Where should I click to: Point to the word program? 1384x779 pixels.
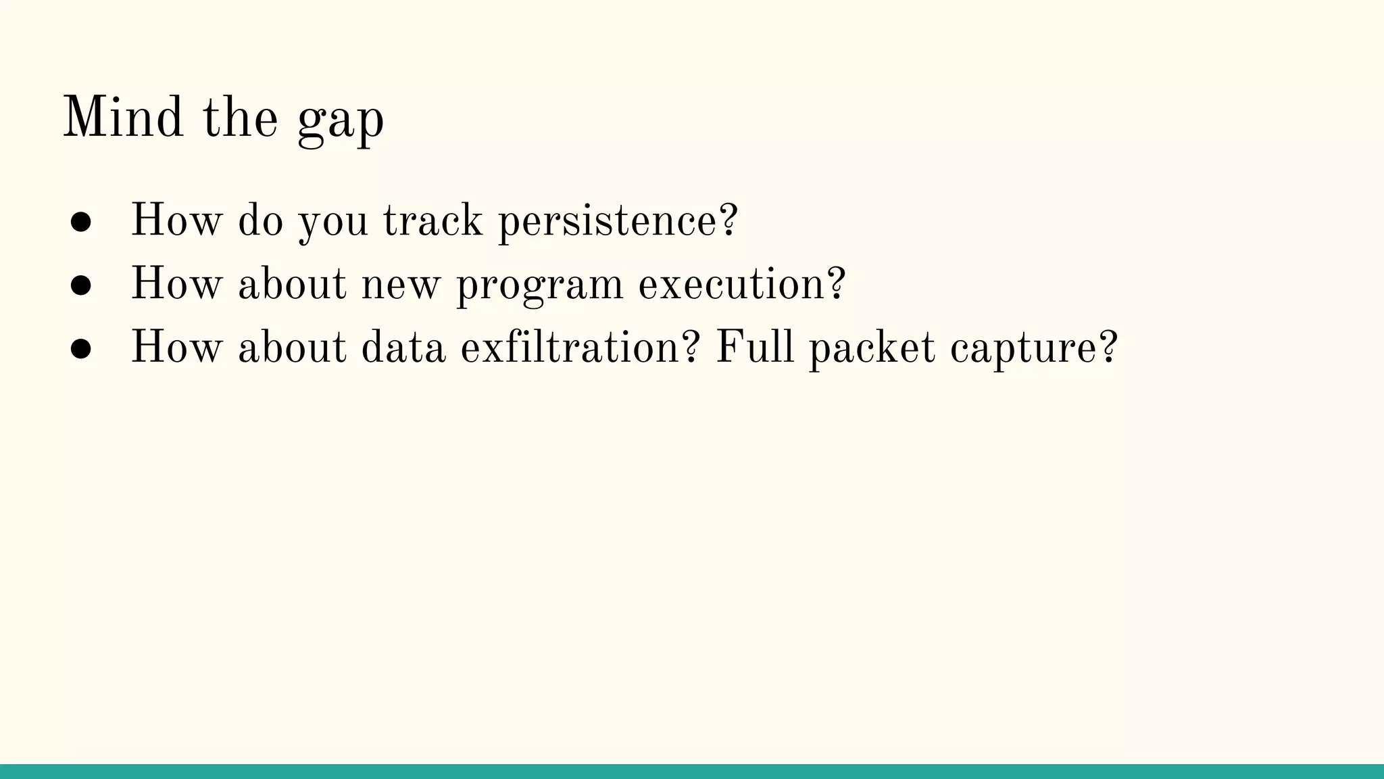coord(540,285)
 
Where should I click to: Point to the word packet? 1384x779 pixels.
coord(872,348)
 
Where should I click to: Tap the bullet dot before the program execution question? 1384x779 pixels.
coord(81,285)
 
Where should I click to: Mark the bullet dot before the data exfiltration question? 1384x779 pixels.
coord(81,349)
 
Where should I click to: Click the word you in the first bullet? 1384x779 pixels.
coord(333,222)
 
